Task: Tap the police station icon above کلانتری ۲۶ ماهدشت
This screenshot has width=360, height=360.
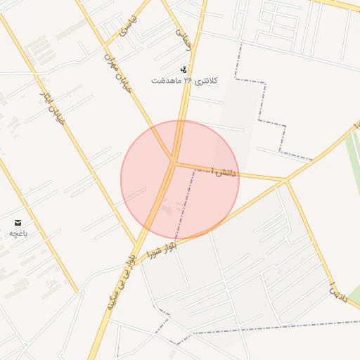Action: pyautogui.click(x=184, y=70)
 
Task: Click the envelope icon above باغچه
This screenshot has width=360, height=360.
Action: pyautogui.click(x=18, y=222)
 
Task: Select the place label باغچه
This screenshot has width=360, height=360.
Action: pyautogui.click(x=18, y=233)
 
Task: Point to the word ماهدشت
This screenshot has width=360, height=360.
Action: pyautogui.click(x=166, y=81)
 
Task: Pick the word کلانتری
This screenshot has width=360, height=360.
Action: pyautogui.click(x=206, y=81)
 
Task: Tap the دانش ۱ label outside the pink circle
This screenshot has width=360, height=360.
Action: pyautogui.click(x=340, y=292)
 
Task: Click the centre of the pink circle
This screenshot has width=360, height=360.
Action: pyautogui.click(x=180, y=180)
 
